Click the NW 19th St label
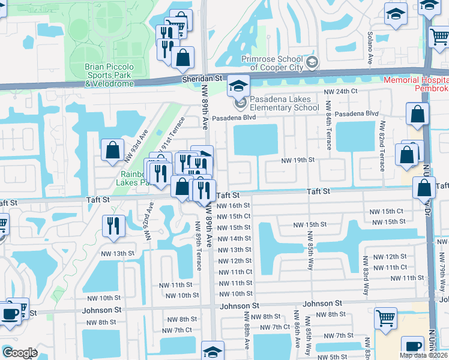[298, 160]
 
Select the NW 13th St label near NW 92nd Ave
[117, 254]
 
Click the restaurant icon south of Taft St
[113, 226]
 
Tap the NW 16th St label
[234, 205]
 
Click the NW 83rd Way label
[364, 277]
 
